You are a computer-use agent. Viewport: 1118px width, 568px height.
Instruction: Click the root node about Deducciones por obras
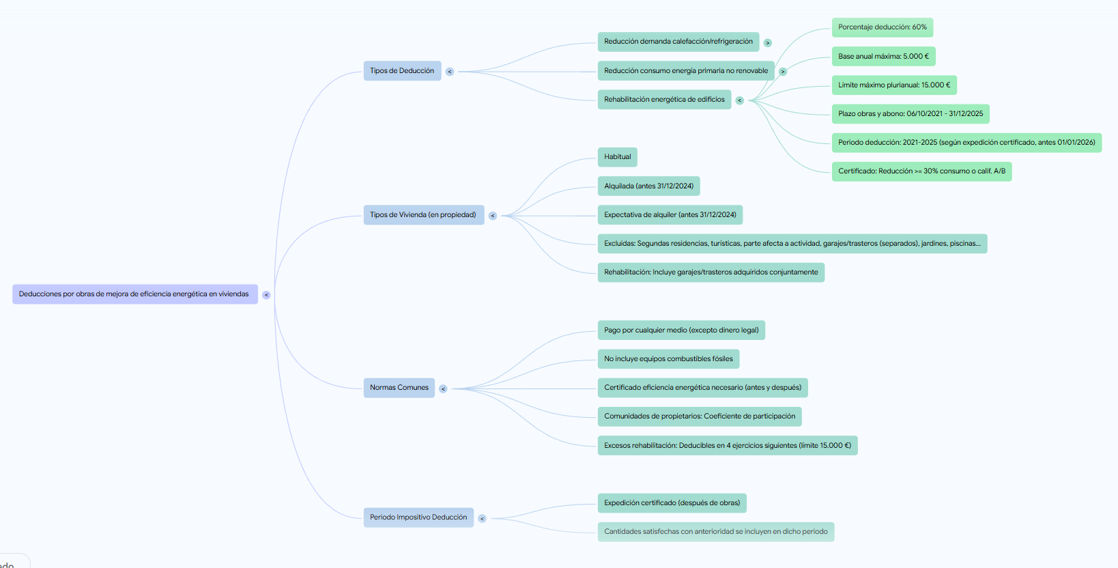tap(134, 294)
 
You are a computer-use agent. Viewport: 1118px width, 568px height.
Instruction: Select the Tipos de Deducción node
tap(402, 71)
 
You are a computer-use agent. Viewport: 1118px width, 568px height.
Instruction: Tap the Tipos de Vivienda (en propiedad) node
tap(423, 215)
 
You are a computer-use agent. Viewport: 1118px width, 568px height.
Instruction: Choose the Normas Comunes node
tap(399, 388)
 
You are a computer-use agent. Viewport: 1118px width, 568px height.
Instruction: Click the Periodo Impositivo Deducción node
tap(418, 517)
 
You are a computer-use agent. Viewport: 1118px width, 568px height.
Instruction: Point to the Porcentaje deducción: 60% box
tap(882, 27)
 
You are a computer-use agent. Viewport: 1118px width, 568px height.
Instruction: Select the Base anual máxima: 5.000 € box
tap(883, 57)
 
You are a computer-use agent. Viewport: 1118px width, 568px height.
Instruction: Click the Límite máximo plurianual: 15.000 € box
tap(894, 85)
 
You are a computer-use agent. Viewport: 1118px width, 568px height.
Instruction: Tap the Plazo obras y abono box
tap(911, 114)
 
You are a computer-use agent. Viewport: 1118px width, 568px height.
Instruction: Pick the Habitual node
tap(617, 157)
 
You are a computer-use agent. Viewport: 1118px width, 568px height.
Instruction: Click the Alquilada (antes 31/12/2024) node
tap(648, 186)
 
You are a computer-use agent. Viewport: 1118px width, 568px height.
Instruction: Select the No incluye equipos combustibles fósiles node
tap(668, 359)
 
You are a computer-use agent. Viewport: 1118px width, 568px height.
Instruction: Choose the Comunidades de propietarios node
tap(700, 416)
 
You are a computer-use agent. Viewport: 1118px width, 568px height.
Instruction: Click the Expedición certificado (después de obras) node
tap(672, 503)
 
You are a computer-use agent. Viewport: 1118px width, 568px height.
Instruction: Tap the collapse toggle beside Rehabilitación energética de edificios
tap(739, 100)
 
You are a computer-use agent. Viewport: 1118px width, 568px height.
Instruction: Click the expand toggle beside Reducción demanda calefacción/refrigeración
tap(767, 43)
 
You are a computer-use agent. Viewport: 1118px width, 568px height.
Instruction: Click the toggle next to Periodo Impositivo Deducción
tap(482, 519)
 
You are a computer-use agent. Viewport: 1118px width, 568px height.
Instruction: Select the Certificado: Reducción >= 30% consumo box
tap(921, 171)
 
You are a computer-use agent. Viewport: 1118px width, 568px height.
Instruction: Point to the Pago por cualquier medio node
tap(681, 330)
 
